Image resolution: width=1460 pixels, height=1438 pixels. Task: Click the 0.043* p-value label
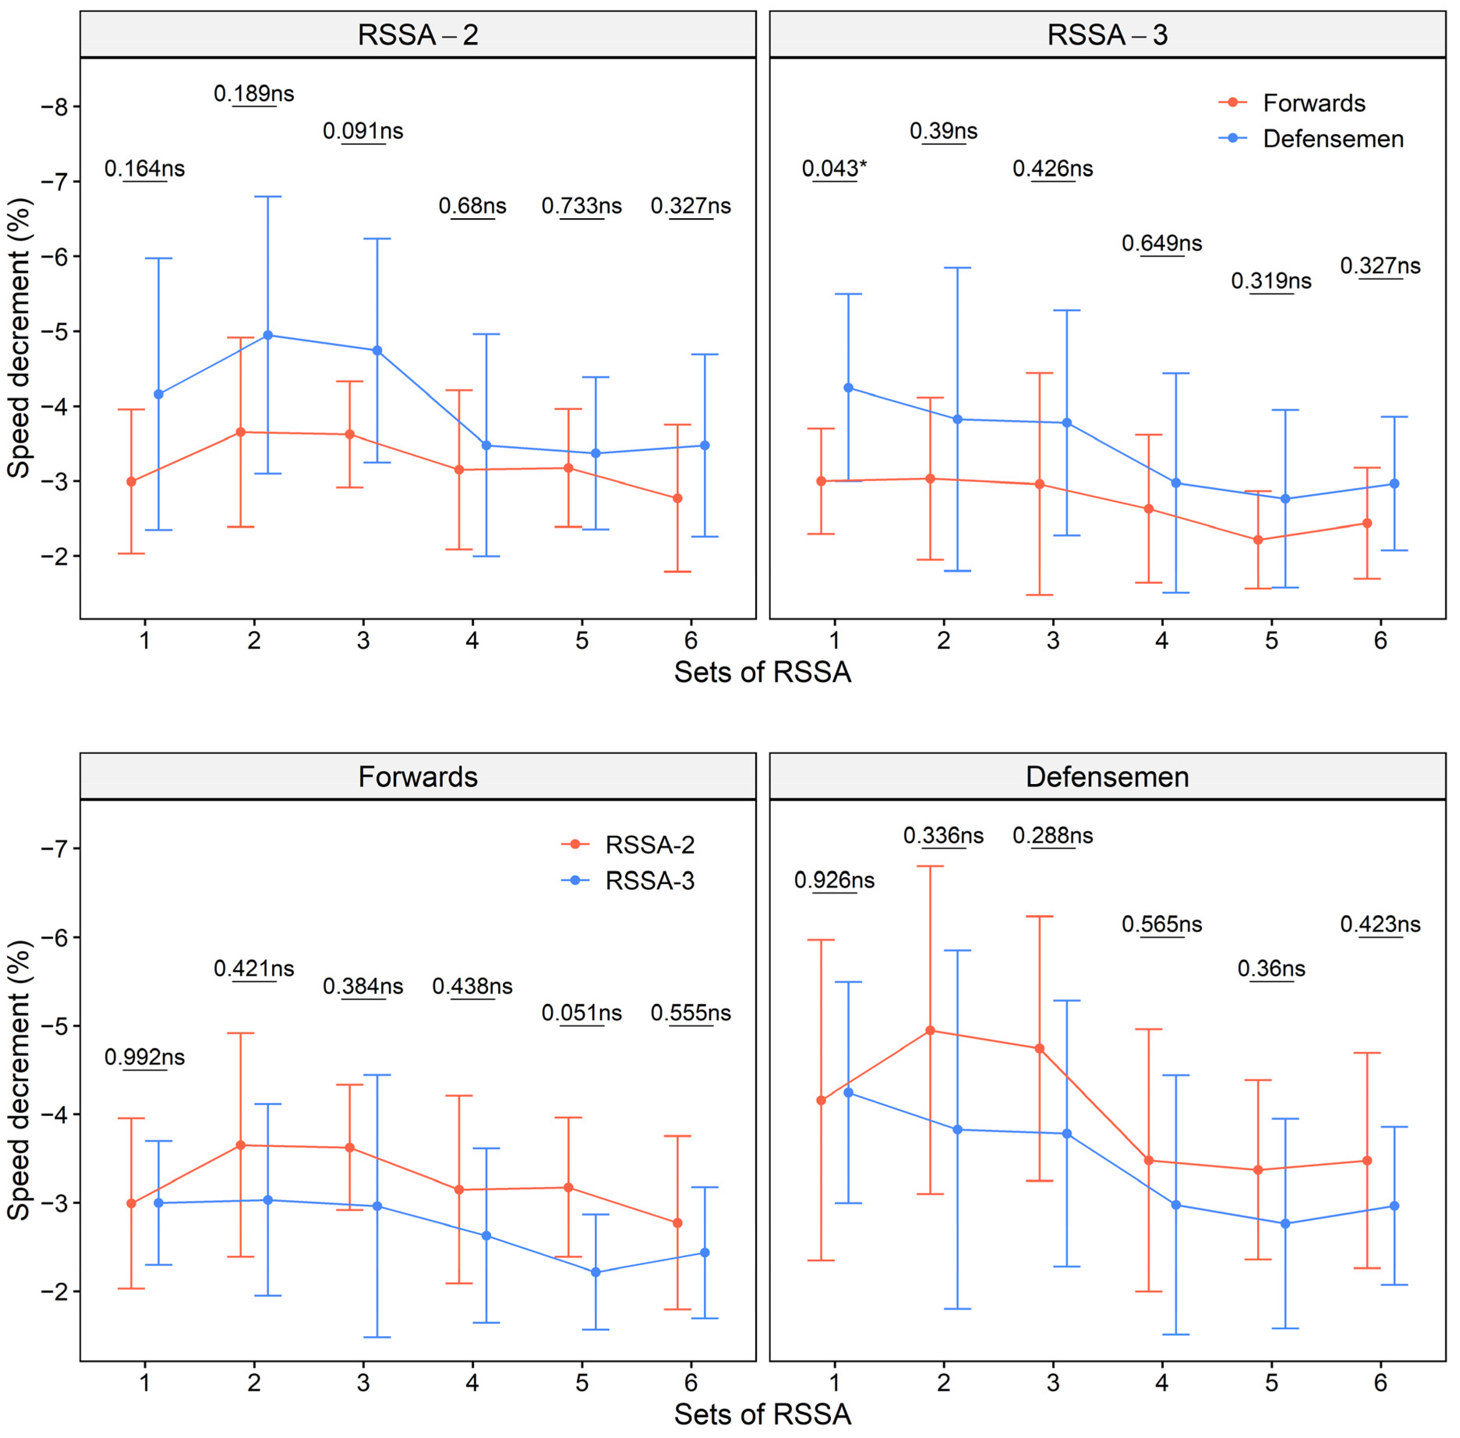click(x=834, y=168)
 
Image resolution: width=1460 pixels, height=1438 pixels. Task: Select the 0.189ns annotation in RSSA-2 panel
click(x=254, y=94)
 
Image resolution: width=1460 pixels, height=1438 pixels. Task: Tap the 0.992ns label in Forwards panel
click(x=144, y=1056)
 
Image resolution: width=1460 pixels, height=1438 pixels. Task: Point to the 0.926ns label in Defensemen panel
click(x=834, y=880)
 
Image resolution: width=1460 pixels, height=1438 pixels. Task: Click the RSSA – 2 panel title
click(x=418, y=35)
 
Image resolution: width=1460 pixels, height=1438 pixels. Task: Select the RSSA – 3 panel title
click(x=1107, y=35)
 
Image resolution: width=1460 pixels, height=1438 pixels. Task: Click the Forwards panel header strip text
click(x=418, y=776)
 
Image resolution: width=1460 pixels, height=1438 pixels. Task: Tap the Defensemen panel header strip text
click(x=1107, y=776)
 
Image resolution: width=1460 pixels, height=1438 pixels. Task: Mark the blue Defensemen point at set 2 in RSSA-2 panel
click(x=267, y=335)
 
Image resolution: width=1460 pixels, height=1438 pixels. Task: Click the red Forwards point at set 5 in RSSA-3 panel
click(x=1258, y=540)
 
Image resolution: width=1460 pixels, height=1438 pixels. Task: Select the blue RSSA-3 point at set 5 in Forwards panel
click(x=595, y=1273)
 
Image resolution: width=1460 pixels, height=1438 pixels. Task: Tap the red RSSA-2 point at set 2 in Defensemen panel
click(x=930, y=1030)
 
